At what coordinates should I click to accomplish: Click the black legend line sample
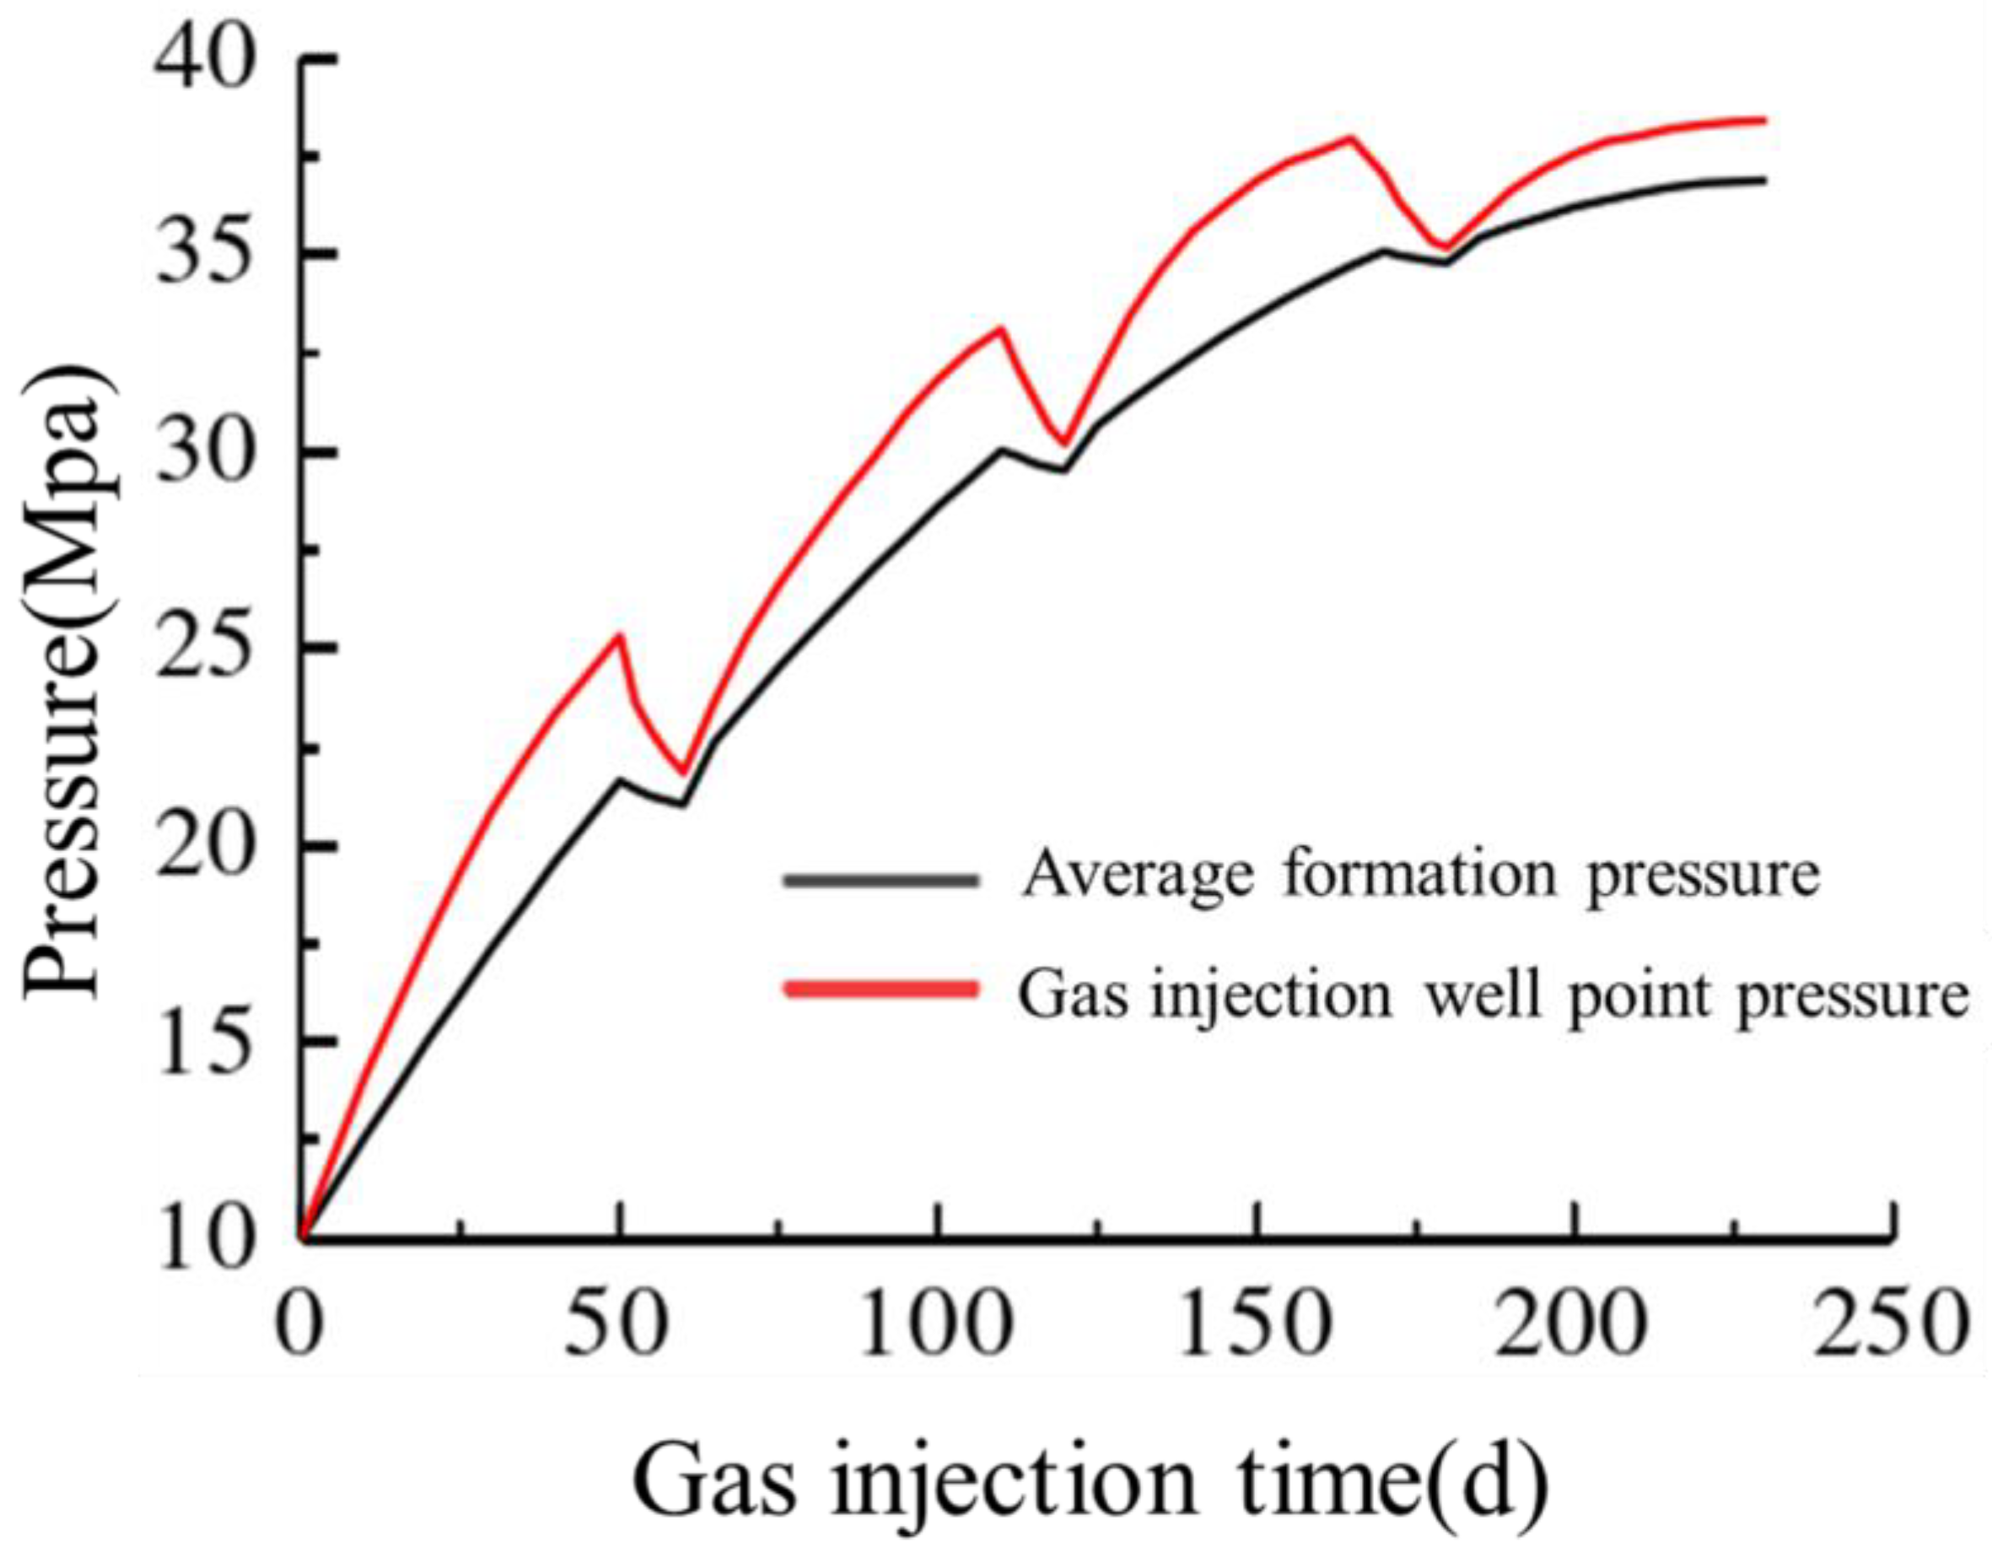coord(880,881)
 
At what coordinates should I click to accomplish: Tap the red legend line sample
coord(880,990)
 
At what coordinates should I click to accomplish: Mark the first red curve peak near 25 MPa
coord(619,636)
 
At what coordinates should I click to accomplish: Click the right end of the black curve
coord(1766,180)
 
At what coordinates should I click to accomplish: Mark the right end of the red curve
coord(1766,121)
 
